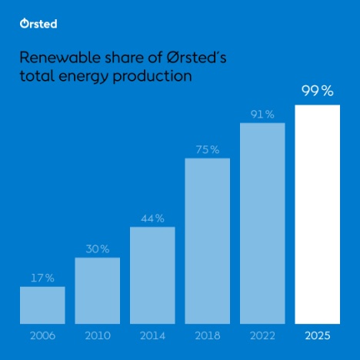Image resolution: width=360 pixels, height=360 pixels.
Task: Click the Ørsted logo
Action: [x=38, y=24]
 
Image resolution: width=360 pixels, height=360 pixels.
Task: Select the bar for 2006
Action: [x=42, y=305]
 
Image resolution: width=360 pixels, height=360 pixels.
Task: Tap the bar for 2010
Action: [x=97, y=290]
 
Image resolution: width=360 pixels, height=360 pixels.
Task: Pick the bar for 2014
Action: [x=152, y=275]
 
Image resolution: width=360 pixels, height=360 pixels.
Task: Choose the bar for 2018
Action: [x=207, y=240]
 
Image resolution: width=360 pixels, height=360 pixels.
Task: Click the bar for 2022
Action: [x=262, y=223]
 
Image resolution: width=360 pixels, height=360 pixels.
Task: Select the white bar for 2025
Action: [x=317, y=214]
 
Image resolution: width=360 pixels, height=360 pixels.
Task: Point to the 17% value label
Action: [x=43, y=278]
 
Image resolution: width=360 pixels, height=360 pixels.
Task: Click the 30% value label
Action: [x=98, y=249]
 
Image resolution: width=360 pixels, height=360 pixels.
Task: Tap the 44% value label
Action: [x=152, y=218]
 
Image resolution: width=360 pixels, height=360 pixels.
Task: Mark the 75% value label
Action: [x=207, y=150]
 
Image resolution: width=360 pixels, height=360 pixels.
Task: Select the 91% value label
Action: [x=262, y=115]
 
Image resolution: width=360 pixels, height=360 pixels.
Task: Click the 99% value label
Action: [x=317, y=92]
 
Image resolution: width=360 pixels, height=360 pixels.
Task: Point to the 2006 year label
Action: [x=42, y=335]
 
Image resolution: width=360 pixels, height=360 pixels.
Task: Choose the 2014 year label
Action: [x=152, y=335]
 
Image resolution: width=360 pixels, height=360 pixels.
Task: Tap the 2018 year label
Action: [x=207, y=335]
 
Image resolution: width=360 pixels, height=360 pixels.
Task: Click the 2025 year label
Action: [x=317, y=335]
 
